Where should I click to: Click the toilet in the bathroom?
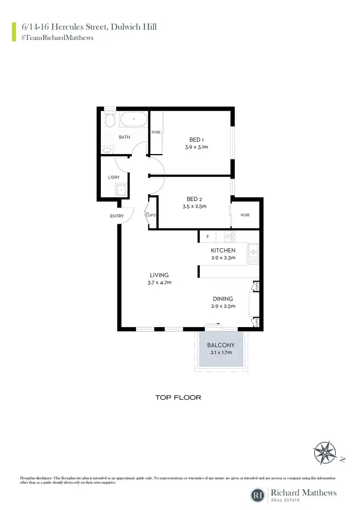click(109, 120)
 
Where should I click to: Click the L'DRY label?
click(114, 177)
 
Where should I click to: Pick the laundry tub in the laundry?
click(121, 191)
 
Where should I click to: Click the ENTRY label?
click(117, 216)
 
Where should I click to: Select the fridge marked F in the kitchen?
click(208, 236)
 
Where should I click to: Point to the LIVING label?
click(159, 275)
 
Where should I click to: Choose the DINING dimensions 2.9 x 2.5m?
click(223, 306)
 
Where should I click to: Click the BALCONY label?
click(221, 345)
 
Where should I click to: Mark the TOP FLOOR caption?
click(178, 398)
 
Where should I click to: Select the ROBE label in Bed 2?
click(245, 215)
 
